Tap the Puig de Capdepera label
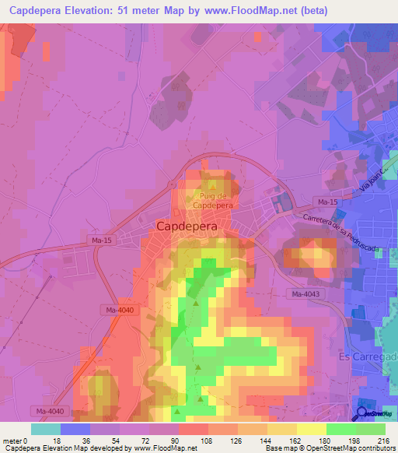212,201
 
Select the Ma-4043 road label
306,293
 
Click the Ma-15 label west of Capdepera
101,240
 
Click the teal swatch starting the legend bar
45,429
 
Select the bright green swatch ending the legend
370,429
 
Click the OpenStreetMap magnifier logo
362,413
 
